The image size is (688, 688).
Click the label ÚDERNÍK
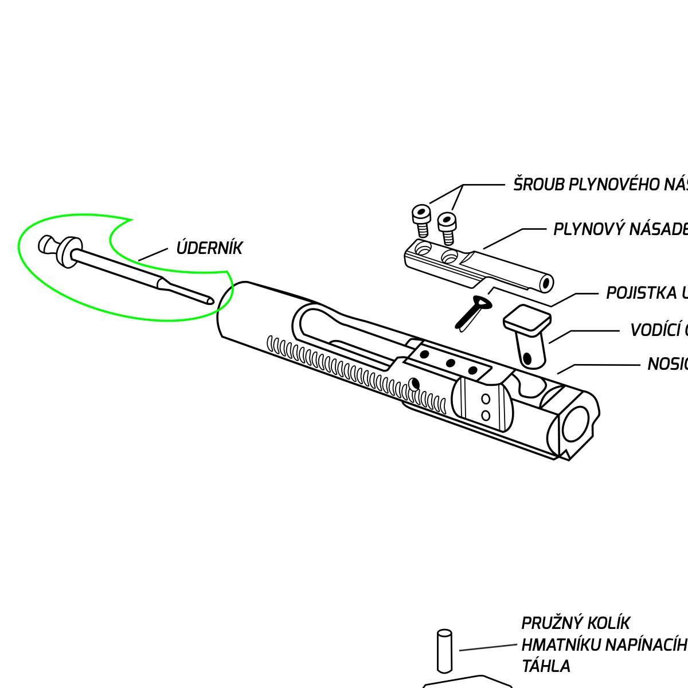pyautogui.click(x=209, y=248)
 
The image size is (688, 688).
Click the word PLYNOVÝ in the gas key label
pyautogui.click(x=588, y=229)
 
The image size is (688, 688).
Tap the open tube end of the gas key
pyautogui.click(x=545, y=283)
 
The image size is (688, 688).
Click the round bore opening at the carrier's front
pyautogui.click(x=576, y=425)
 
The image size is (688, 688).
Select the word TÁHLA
pyautogui.click(x=546, y=666)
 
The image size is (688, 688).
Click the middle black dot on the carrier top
pyautogui.click(x=449, y=362)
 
